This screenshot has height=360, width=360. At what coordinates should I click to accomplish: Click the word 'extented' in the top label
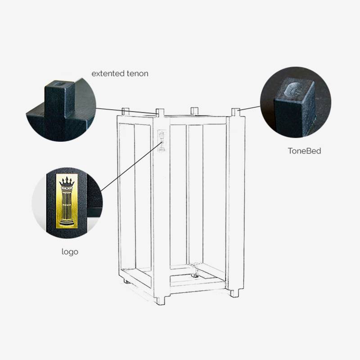(x=108, y=73)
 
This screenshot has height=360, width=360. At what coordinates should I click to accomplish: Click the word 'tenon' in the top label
(x=137, y=73)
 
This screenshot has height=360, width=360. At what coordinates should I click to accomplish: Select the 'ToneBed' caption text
(x=305, y=151)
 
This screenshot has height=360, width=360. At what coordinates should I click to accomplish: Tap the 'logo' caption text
(x=70, y=252)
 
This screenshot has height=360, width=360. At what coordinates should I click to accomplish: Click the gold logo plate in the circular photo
(x=67, y=201)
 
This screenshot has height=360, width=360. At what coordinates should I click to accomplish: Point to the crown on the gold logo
(x=67, y=182)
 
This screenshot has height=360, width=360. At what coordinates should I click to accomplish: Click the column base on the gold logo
(x=67, y=222)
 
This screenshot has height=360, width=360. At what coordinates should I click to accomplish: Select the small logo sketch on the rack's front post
(x=162, y=140)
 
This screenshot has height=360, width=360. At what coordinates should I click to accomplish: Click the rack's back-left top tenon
(x=126, y=111)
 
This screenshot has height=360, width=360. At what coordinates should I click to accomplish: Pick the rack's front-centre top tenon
(x=160, y=112)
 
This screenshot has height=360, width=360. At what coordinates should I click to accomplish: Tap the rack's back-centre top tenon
(x=194, y=111)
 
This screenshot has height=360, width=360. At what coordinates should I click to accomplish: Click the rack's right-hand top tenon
(x=235, y=112)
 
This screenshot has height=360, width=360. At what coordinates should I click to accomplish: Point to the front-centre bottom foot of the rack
(x=161, y=301)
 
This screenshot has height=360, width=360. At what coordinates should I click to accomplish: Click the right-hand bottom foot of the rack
(x=234, y=293)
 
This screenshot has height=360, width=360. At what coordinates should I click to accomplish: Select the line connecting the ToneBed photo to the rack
(x=249, y=108)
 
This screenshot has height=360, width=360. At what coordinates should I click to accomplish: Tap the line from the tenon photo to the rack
(x=126, y=111)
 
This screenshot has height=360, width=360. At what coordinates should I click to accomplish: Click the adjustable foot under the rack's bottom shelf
(x=196, y=274)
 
